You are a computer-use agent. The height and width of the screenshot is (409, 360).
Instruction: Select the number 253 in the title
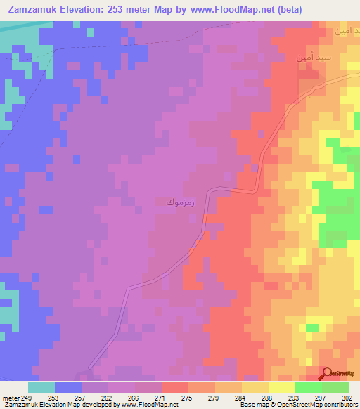tap(124, 11)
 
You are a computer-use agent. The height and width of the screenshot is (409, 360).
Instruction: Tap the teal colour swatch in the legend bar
tap(41, 387)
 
